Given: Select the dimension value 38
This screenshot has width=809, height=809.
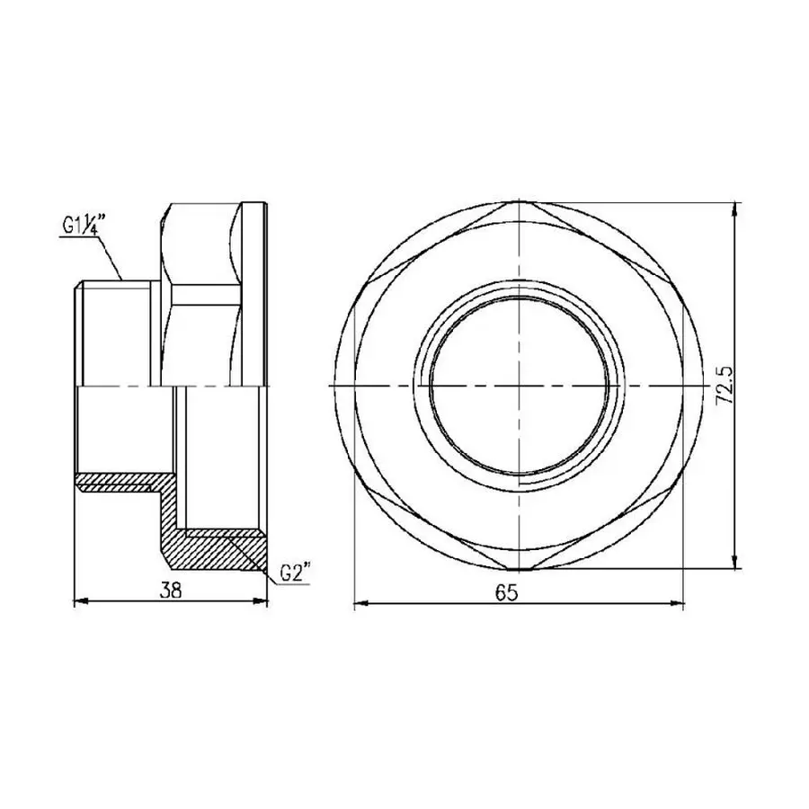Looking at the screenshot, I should point(171,590).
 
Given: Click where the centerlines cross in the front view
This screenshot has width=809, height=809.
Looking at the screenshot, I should point(520,385).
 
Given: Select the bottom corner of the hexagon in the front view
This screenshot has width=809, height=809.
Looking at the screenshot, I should point(520,569).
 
